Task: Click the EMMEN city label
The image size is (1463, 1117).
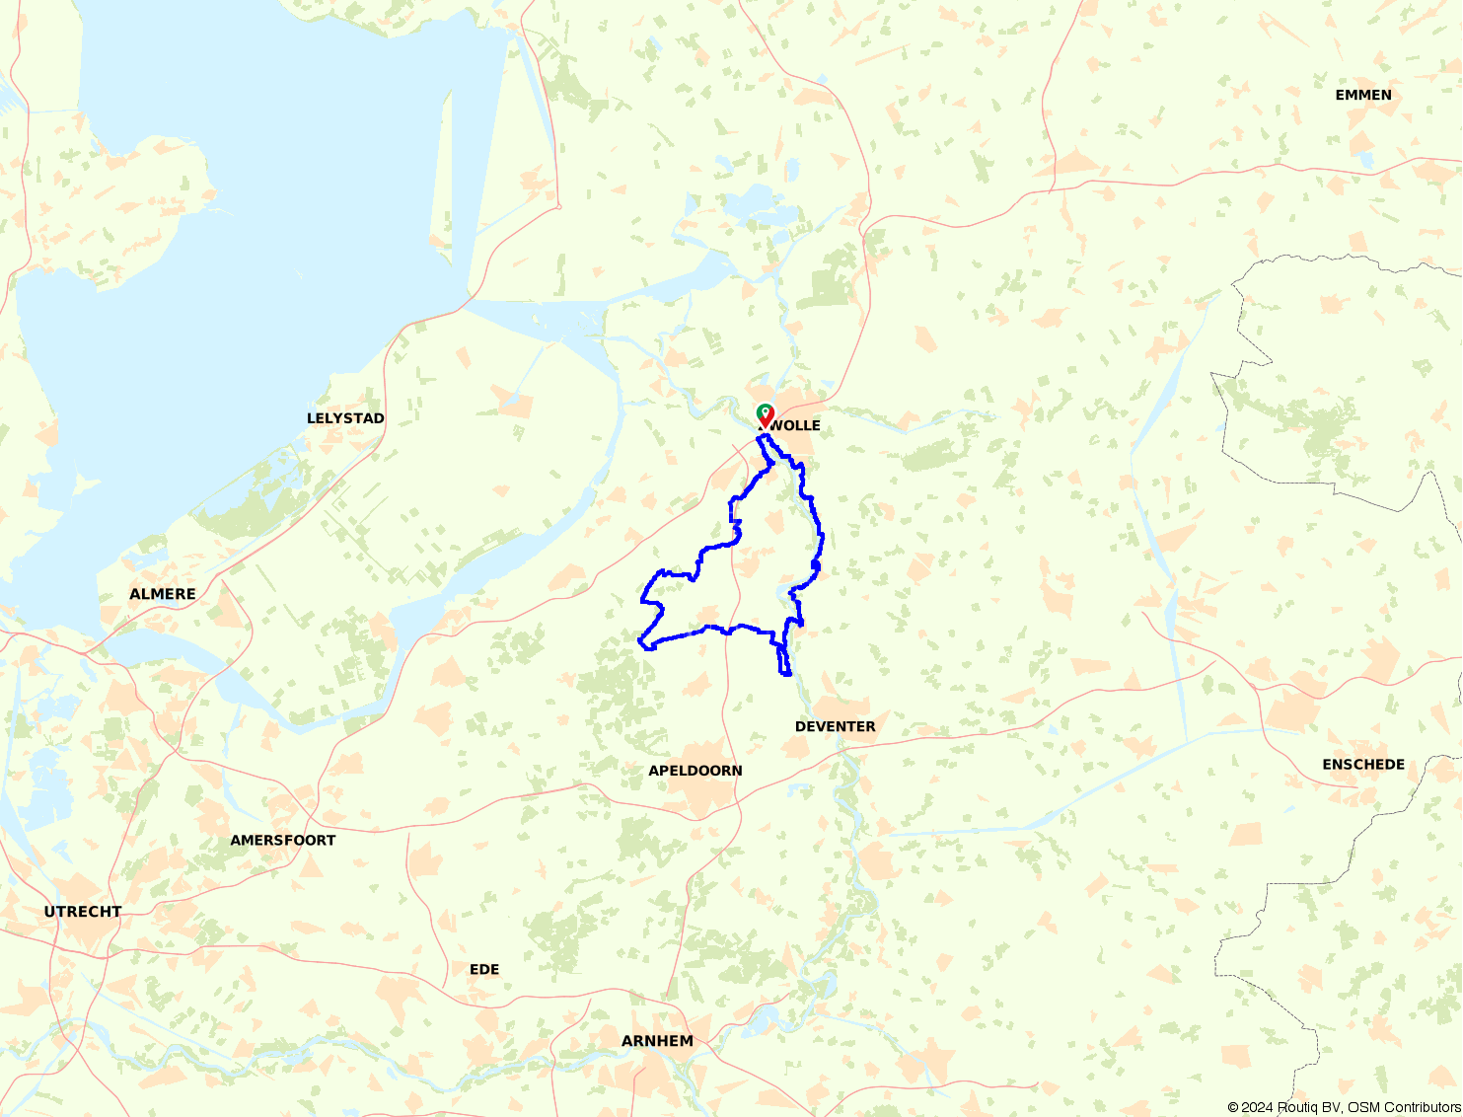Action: click(1363, 95)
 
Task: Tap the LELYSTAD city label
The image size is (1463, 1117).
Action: click(345, 418)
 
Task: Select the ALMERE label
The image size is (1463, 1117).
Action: click(163, 594)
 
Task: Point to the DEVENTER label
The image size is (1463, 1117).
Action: click(835, 726)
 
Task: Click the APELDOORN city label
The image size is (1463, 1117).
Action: click(695, 771)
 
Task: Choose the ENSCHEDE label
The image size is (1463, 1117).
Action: click(1363, 765)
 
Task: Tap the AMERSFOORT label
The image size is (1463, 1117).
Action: click(283, 841)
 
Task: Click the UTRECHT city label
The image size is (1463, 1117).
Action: click(83, 912)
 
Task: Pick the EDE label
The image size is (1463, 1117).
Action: click(484, 970)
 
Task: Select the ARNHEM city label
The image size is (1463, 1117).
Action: click(657, 1041)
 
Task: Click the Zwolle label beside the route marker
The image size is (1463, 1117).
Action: click(793, 425)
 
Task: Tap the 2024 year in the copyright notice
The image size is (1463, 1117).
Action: click(1258, 1107)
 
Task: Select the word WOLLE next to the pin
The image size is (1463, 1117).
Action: click(796, 425)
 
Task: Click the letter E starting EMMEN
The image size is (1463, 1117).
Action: click(1341, 95)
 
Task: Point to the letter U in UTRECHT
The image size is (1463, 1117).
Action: click(49, 912)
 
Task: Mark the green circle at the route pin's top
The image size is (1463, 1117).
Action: click(765, 410)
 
